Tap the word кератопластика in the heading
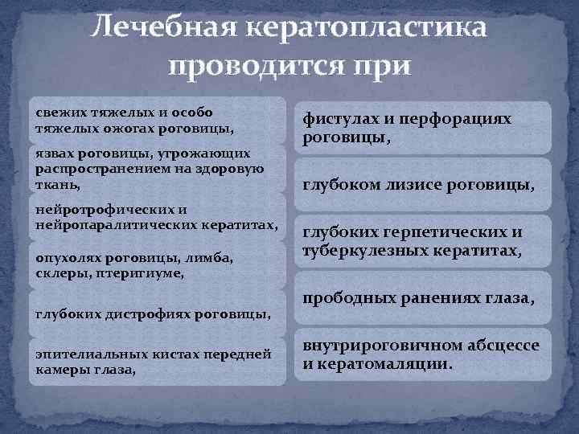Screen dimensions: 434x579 click(366, 28)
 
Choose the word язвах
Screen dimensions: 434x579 click(53, 154)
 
